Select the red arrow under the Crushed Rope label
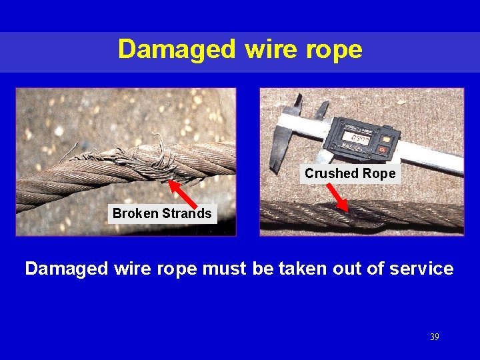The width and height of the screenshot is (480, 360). pyautogui.click(x=338, y=197)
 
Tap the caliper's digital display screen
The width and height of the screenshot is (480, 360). pyautogui.click(x=357, y=135)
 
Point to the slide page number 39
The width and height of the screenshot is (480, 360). pyautogui.click(x=435, y=337)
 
